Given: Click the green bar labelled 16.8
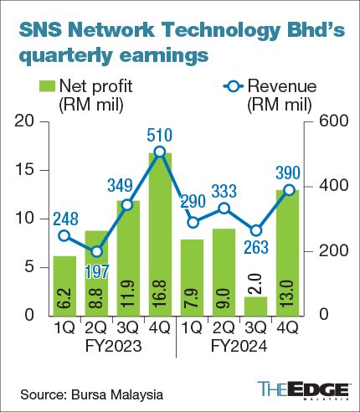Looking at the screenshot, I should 160,234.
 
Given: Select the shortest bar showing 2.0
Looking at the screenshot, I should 281,306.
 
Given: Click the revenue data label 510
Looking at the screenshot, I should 159,134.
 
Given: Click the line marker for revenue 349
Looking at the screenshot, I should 127,204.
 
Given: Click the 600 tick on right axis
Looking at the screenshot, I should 327,122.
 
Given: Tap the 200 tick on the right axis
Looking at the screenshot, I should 327,251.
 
